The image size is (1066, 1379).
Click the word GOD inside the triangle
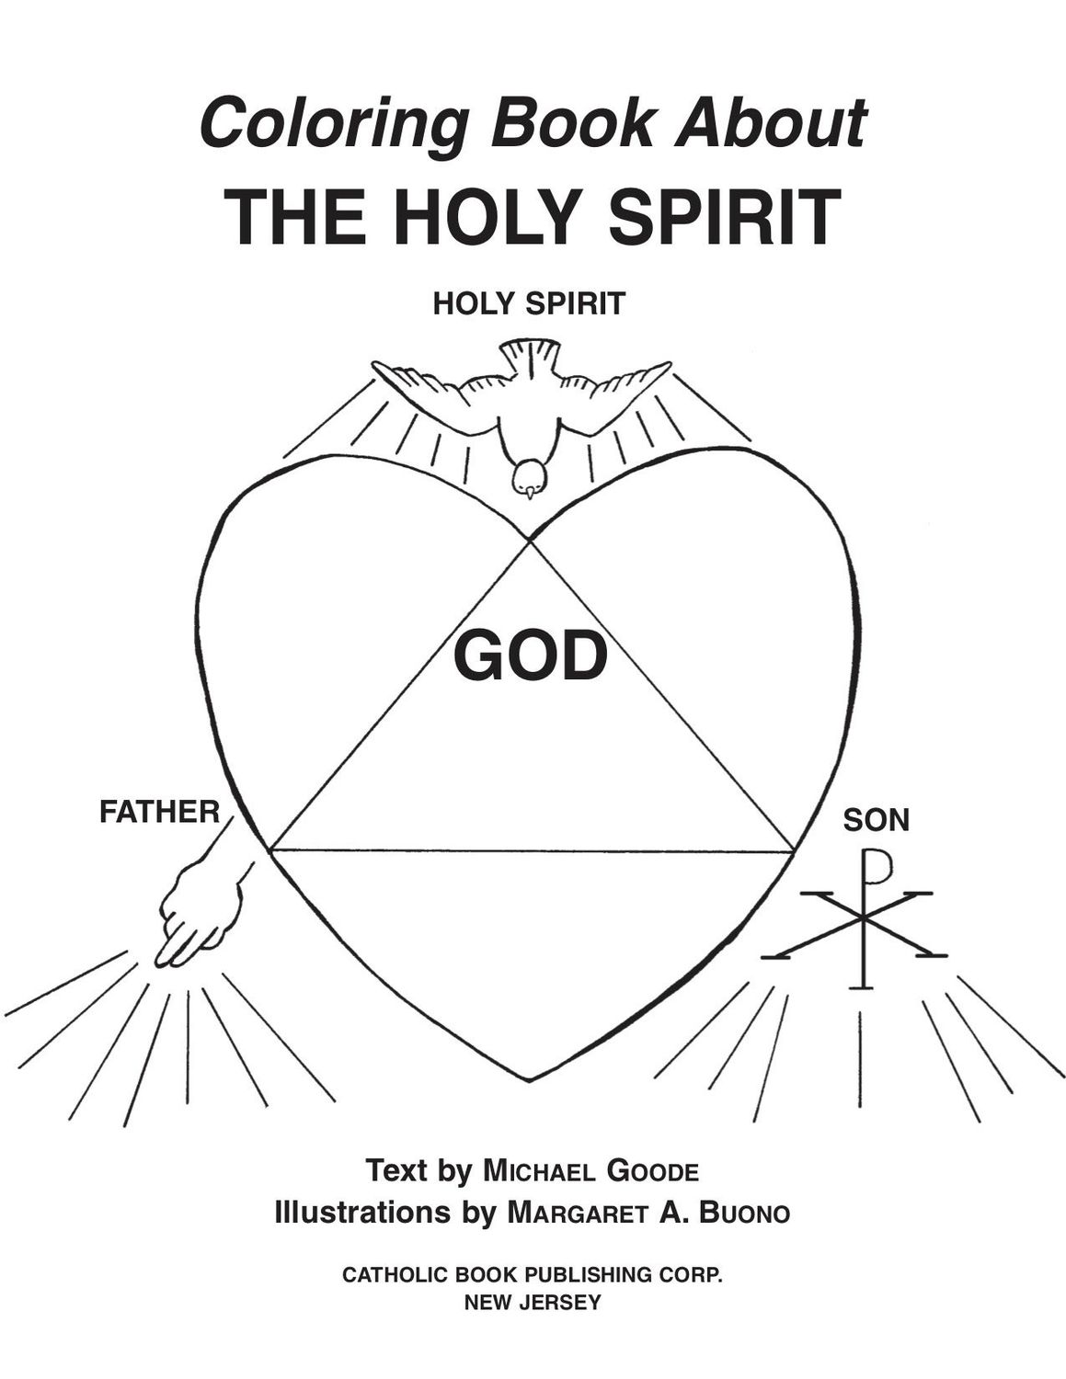click(x=532, y=656)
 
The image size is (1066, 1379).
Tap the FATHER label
click(x=159, y=813)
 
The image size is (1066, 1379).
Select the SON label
click(x=876, y=820)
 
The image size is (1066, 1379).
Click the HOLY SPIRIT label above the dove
click(x=529, y=303)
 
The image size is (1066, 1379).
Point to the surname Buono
click(x=744, y=1214)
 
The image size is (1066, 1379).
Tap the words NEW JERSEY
click(x=533, y=1302)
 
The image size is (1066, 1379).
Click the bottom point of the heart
click(x=530, y=1079)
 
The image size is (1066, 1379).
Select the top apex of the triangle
click(x=530, y=543)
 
